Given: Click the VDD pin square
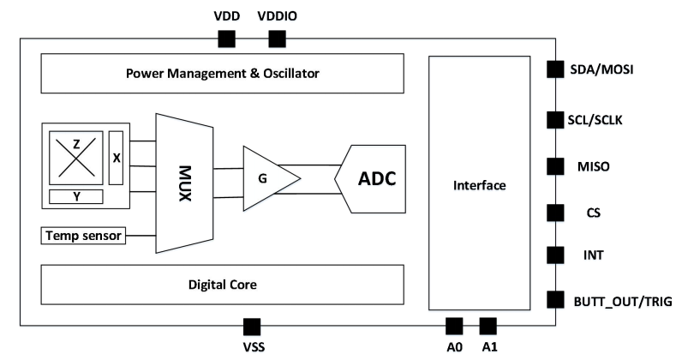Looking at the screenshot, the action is tap(226, 39).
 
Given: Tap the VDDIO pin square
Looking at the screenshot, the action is tap(277, 39).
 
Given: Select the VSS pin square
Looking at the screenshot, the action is tap(252, 327).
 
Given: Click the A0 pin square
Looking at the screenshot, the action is tap(454, 326).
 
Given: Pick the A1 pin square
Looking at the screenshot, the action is tap(488, 326).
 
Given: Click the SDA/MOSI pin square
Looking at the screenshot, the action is tap(555, 69).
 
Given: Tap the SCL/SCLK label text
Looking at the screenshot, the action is tap(595, 120).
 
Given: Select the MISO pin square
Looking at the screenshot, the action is tap(555, 166).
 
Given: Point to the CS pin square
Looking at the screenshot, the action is tap(555, 213).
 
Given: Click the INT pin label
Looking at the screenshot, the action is tap(593, 255).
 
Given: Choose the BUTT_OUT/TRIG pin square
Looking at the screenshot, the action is tap(555, 300).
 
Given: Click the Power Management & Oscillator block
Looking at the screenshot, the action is tap(222, 73).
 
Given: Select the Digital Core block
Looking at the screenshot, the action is tap(222, 285).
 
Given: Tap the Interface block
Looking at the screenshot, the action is tap(479, 183).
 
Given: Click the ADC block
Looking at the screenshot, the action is tap(370, 179).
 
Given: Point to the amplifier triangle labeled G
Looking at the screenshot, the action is tap(267, 178).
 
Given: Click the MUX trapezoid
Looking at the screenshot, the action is tap(184, 183).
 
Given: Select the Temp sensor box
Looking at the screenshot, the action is tap(83, 236).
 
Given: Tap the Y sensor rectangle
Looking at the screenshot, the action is tap(76, 197).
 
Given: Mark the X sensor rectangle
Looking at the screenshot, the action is tap(117, 158).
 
